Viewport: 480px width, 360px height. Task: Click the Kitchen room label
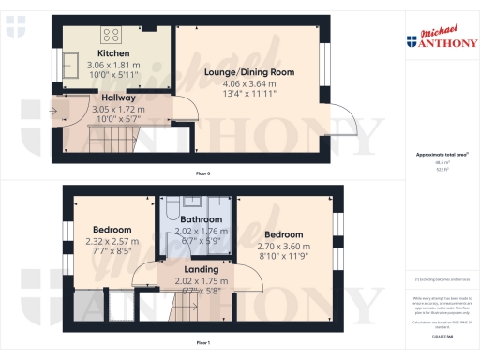pyautogui.click(x=113, y=54)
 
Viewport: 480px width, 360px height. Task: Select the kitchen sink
pyautogui.click(x=72, y=63)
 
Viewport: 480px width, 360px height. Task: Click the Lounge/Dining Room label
pyautogui.click(x=248, y=72)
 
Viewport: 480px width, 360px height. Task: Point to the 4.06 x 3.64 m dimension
pyautogui.click(x=248, y=83)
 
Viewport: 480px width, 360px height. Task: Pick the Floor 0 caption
pyautogui.click(x=202, y=174)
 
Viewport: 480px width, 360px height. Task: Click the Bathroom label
pyautogui.click(x=196, y=220)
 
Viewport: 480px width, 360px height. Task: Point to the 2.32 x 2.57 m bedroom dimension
pyautogui.click(x=112, y=241)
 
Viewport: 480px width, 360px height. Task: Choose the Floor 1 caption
pyautogui.click(x=202, y=344)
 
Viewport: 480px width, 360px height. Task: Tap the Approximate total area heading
pyautogui.click(x=442, y=155)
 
